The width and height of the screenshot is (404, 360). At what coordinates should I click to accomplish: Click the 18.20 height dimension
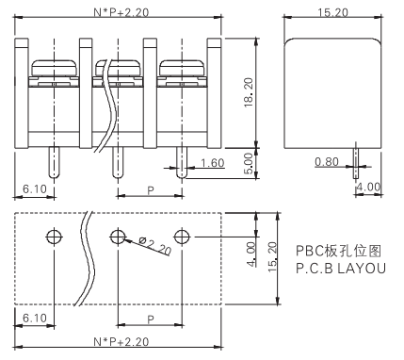pos(249,92)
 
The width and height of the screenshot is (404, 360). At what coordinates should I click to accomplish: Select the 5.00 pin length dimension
pos(248,163)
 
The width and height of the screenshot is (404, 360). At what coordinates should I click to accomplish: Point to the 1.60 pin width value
pos(213,163)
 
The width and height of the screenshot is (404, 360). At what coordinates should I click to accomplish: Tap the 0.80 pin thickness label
pos(327,162)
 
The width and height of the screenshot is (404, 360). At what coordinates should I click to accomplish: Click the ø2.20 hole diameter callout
pos(155,246)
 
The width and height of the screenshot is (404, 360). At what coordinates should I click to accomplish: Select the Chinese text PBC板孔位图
pos(339,251)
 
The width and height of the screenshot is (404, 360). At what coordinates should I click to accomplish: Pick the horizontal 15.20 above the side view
pos(333,12)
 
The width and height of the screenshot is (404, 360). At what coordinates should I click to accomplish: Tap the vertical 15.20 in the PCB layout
pos(272,256)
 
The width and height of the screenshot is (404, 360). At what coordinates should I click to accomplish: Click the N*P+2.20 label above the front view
pos(121,12)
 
